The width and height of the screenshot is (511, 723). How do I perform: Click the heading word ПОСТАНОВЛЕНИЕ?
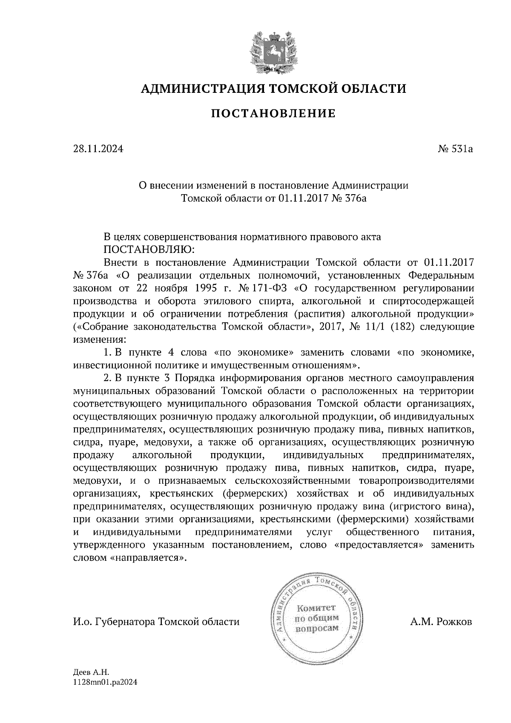click(x=273, y=113)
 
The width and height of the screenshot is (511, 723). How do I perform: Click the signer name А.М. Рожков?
click(x=441, y=622)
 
